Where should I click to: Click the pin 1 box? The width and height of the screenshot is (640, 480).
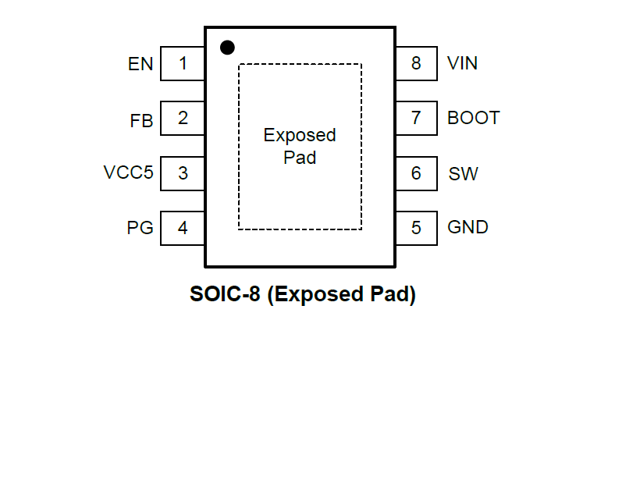point(183,63)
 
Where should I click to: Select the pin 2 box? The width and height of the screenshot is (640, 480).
point(183,118)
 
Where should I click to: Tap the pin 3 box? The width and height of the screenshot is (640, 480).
point(183,173)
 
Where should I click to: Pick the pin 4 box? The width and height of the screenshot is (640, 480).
point(183,228)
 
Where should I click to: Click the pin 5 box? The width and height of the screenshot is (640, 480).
point(416,228)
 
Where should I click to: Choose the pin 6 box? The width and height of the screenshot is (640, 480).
point(416,173)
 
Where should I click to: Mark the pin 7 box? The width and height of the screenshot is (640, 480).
point(416,118)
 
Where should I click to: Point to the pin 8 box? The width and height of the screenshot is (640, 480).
point(416,63)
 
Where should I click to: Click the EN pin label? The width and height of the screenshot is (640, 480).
point(140,64)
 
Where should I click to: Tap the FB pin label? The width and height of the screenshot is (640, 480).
point(141,122)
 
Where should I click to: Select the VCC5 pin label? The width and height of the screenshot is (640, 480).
point(129,172)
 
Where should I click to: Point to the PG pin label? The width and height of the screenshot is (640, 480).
point(140,228)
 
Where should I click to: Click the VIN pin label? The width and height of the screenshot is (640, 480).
point(462,63)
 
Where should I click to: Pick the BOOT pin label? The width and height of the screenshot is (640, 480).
point(473,118)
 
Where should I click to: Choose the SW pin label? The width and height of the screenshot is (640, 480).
point(463,173)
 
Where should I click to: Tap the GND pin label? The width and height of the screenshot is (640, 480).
point(468,227)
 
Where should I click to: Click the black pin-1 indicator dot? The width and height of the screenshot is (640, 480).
point(227,48)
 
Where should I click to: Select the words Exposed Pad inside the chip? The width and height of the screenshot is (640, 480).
point(300,146)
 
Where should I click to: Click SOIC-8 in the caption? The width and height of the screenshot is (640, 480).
point(225,295)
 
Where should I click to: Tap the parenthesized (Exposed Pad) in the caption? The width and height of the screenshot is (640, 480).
point(341,295)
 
